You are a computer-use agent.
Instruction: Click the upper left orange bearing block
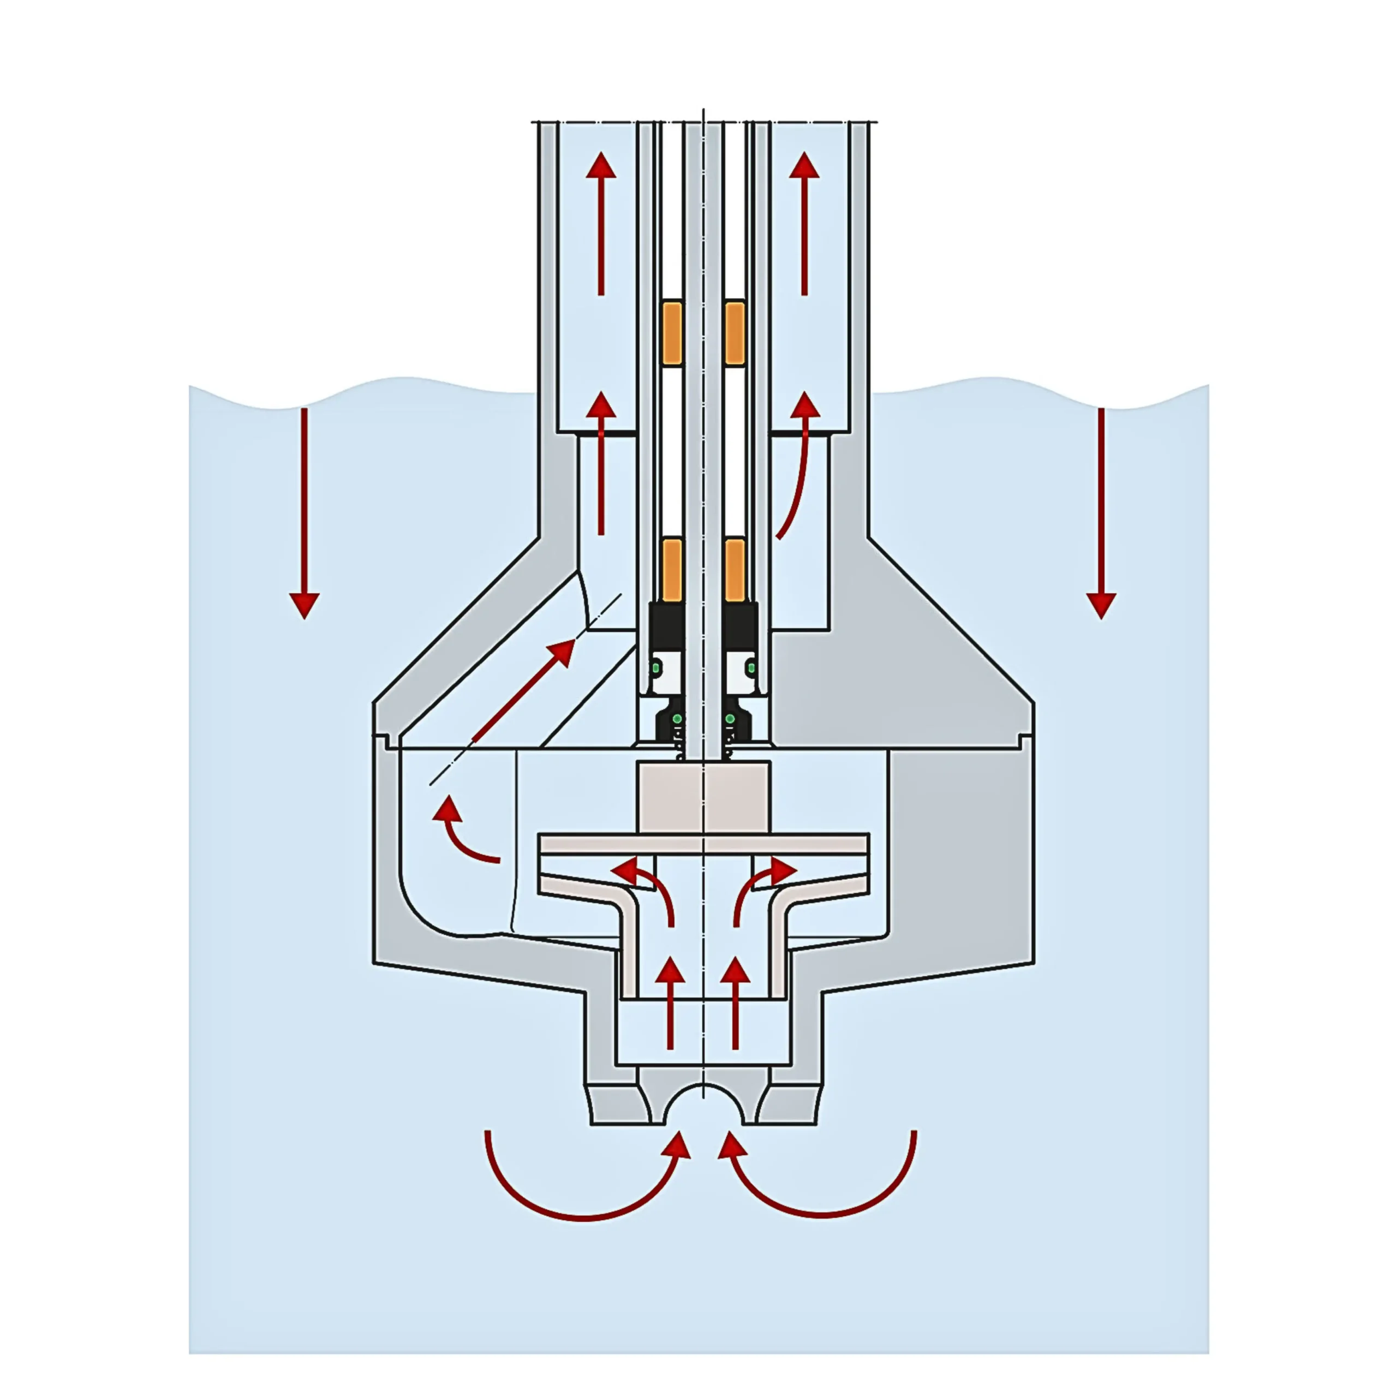(672, 333)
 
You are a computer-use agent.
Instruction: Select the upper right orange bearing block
(734, 333)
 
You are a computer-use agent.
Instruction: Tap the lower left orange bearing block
(672, 569)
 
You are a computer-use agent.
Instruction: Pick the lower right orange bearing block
(734, 569)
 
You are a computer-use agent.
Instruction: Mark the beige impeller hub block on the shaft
(703, 796)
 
